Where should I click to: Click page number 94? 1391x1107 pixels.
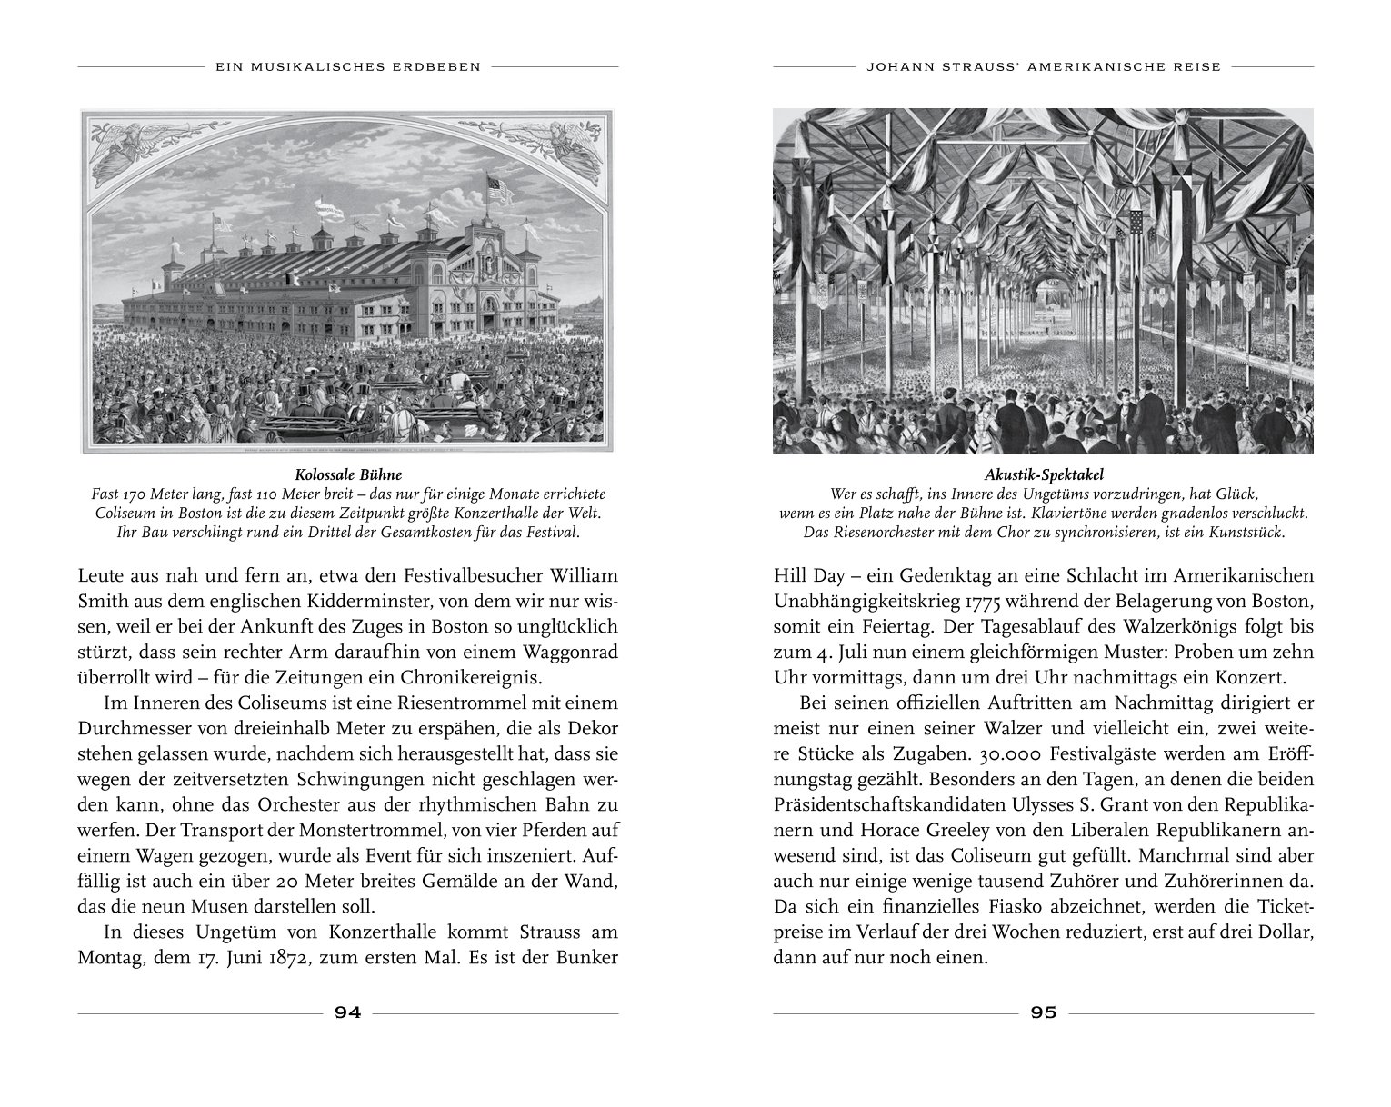348,1012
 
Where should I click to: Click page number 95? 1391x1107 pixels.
1044,1012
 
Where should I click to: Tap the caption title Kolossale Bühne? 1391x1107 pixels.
348,474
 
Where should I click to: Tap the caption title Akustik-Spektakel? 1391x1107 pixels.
1043,474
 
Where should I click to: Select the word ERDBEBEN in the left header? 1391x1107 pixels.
437,66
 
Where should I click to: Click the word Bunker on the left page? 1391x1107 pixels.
585,958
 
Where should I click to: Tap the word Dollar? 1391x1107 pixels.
1283,932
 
